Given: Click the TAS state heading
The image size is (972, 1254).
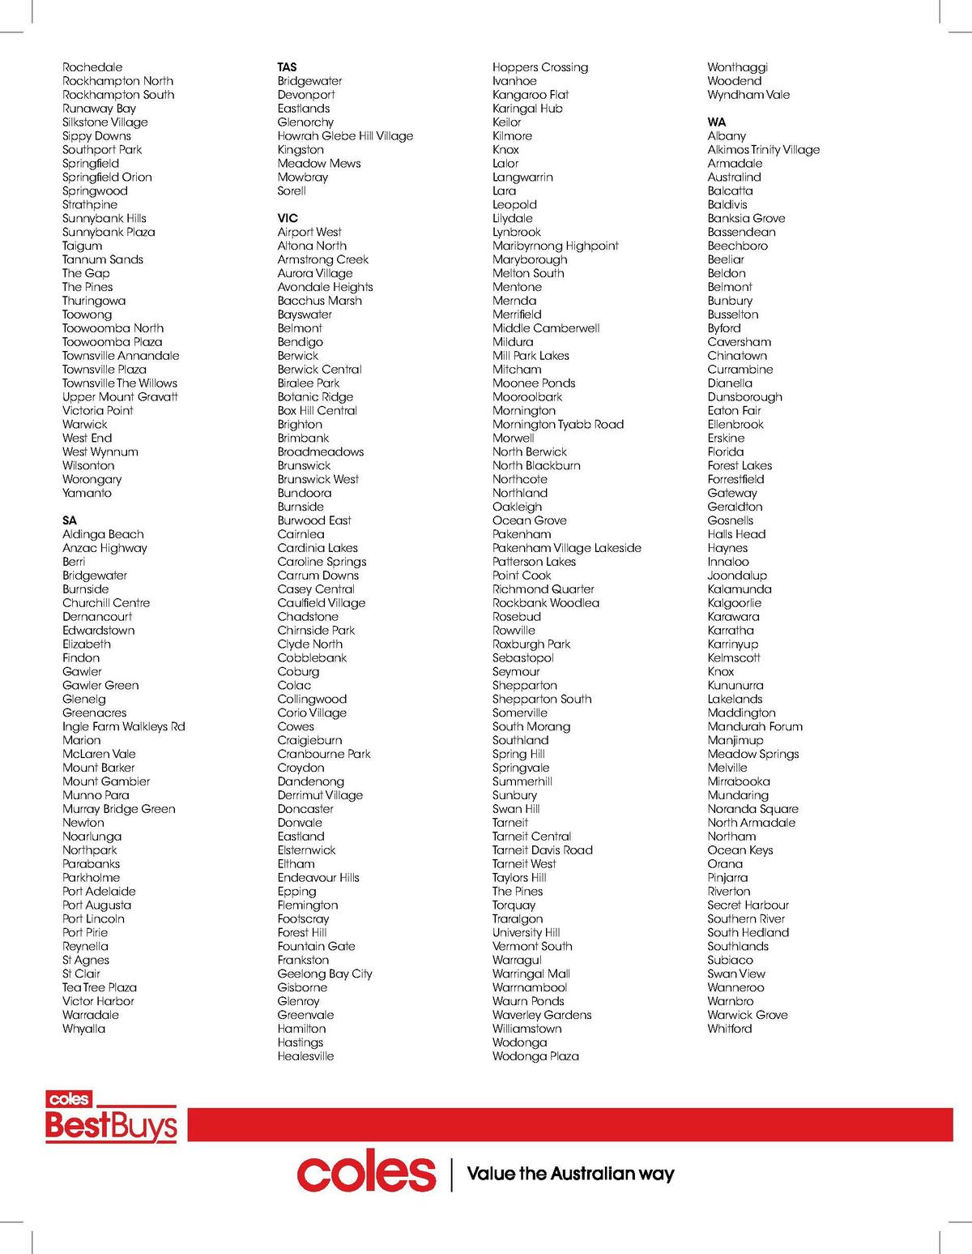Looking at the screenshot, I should click(x=287, y=67).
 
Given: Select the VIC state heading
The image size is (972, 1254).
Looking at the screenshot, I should click(x=288, y=218).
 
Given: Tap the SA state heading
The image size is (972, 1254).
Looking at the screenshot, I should click(x=70, y=520).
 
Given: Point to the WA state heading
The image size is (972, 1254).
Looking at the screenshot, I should click(x=717, y=122).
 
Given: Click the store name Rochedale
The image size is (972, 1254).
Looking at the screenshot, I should click(x=92, y=67).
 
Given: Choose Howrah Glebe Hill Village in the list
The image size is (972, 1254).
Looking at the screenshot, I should click(x=345, y=136).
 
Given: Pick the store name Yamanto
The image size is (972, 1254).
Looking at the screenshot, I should click(x=87, y=493).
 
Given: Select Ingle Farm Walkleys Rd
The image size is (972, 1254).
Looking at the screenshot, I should click(x=123, y=726).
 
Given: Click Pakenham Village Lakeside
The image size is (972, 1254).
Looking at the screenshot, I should click(x=566, y=548).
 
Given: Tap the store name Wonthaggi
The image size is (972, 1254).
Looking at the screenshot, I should click(x=737, y=67).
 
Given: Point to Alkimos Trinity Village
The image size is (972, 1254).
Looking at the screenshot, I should click(x=763, y=150).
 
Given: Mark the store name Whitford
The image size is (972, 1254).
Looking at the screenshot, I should click(x=729, y=1029).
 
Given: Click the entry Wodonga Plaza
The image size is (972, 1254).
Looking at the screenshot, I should click(x=535, y=1056).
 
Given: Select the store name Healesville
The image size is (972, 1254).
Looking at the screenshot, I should click(x=305, y=1056).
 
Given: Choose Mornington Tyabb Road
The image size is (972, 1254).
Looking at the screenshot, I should click(x=557, y=425).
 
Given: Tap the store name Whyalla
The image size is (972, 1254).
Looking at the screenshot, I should click(x=83, y=1029).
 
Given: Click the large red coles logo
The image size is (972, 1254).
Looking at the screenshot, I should click(x=366, y=1171).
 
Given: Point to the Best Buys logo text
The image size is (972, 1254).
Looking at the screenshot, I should click(x=111, y=1125).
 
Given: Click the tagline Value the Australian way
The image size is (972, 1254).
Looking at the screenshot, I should click(x=570, y=1174).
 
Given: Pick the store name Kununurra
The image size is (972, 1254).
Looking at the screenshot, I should click(x=735, y=686).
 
